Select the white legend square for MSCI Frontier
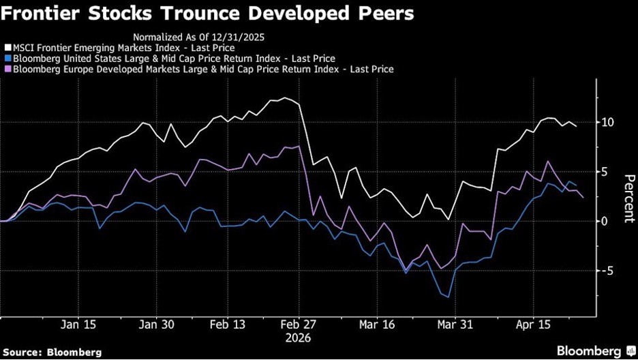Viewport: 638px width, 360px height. click(x=7, y=48)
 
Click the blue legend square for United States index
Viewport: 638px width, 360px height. click(x=7, y=59)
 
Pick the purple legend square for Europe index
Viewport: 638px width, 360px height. click(x=7, y=69)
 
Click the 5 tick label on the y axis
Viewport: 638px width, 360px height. click(x=605, y=172)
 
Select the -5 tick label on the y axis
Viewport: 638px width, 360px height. click(x=606, y=271)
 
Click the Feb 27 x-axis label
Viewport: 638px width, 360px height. click(x=299, y=326)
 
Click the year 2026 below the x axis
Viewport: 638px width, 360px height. click(x=299, y=337)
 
